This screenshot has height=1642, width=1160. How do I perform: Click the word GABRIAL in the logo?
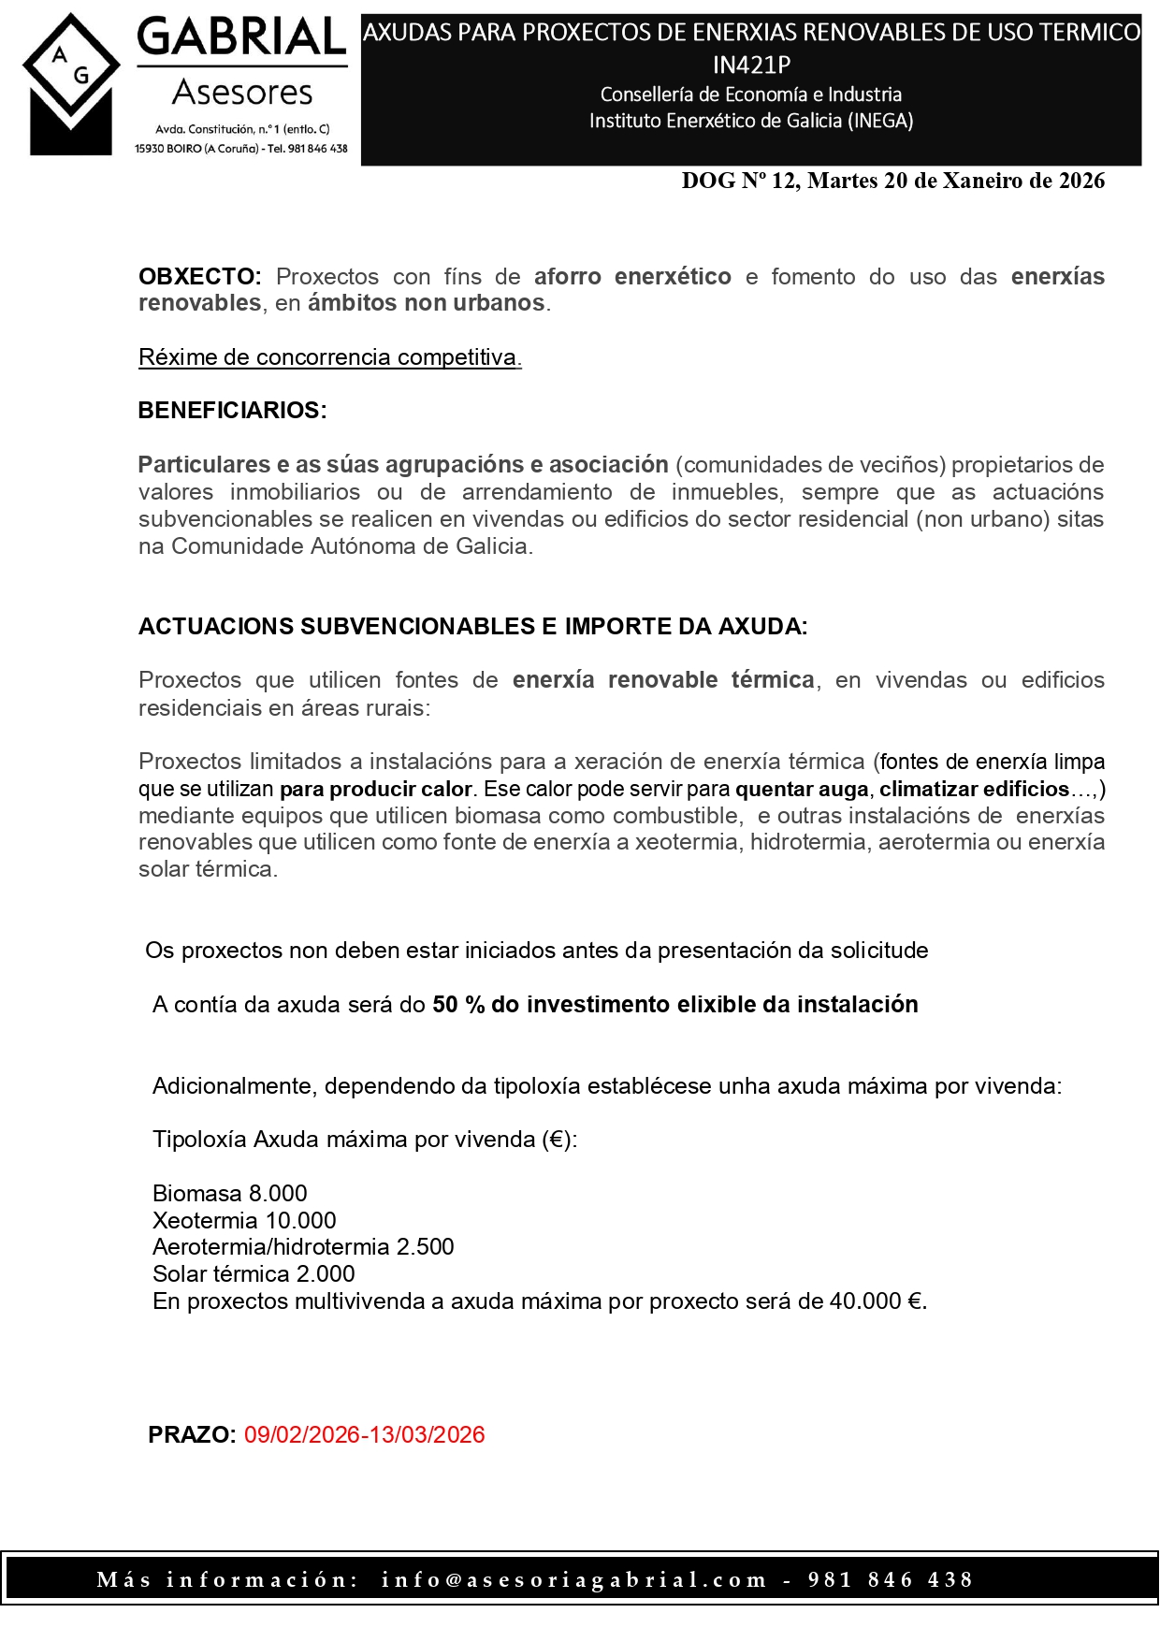[242, 38]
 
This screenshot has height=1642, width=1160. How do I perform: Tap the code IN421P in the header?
[751, 65]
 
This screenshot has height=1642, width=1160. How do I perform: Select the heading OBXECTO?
[199, 277]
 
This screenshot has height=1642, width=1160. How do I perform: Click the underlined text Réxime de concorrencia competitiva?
[329, 357]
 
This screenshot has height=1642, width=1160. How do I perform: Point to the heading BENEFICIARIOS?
[232, 411]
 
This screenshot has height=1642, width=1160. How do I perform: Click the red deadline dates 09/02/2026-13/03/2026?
[365, 1435]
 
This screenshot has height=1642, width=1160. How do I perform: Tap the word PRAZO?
[192, 1435]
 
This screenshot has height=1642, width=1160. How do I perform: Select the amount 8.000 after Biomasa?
[278, 1194]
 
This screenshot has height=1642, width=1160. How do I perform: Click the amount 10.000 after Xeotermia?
[301, 1221]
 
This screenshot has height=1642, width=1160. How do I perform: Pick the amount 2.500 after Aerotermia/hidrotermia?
[425, 1247]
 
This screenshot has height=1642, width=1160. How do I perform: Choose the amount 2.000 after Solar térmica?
[326, 1274]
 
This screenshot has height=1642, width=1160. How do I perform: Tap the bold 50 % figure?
[458, 1005]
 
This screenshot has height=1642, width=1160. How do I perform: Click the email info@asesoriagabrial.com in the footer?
[573, 1580]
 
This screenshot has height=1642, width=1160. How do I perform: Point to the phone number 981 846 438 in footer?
[891, 1580]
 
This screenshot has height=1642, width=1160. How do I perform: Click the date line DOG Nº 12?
[892, 182]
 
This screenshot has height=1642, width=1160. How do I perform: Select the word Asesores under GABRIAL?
[243, 93]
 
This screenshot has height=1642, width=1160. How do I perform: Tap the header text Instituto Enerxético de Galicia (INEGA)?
[751, 121]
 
